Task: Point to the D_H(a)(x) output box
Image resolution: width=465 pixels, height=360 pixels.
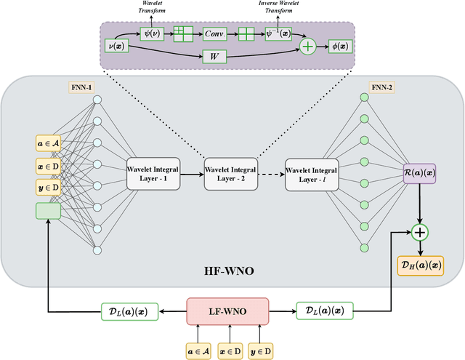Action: (418, 265)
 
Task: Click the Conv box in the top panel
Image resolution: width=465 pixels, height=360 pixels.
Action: (214, 33)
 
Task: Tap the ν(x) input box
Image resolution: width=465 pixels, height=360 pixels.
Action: (118, 45)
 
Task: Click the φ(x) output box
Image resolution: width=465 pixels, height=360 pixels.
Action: (335, 45)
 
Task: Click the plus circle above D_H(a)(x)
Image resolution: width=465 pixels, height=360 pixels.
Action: (418, 233)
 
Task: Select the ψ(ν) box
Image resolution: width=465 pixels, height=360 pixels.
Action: (152, 33)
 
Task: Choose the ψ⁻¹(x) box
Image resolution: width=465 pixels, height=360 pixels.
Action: (278, 33)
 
